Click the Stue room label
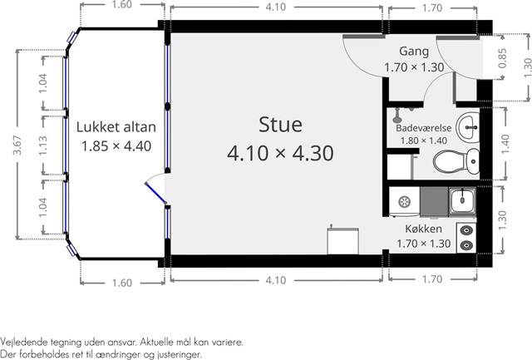(x=280, y=124)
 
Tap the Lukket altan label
(x=116, y=127)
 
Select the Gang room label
(x=414, y=52)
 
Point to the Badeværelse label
(x=424, y=128)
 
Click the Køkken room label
(x=423, y=229)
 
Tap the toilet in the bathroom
(x=456, y=160)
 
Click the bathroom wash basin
(x=468, y=126)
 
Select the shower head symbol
(x=397, y=116)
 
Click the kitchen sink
(x=462, y=201)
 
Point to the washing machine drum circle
(x=404, y=202)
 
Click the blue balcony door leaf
(x=155, y=194)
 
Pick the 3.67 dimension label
(x=17, y=145)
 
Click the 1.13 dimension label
(x=43, y=145)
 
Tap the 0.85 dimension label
(x=502, y=58)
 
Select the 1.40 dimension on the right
(x=505, y=144)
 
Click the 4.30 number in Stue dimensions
(x=313, y=153)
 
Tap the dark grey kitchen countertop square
(x=434, y=201)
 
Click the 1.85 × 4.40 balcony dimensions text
(x=116, y=146)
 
